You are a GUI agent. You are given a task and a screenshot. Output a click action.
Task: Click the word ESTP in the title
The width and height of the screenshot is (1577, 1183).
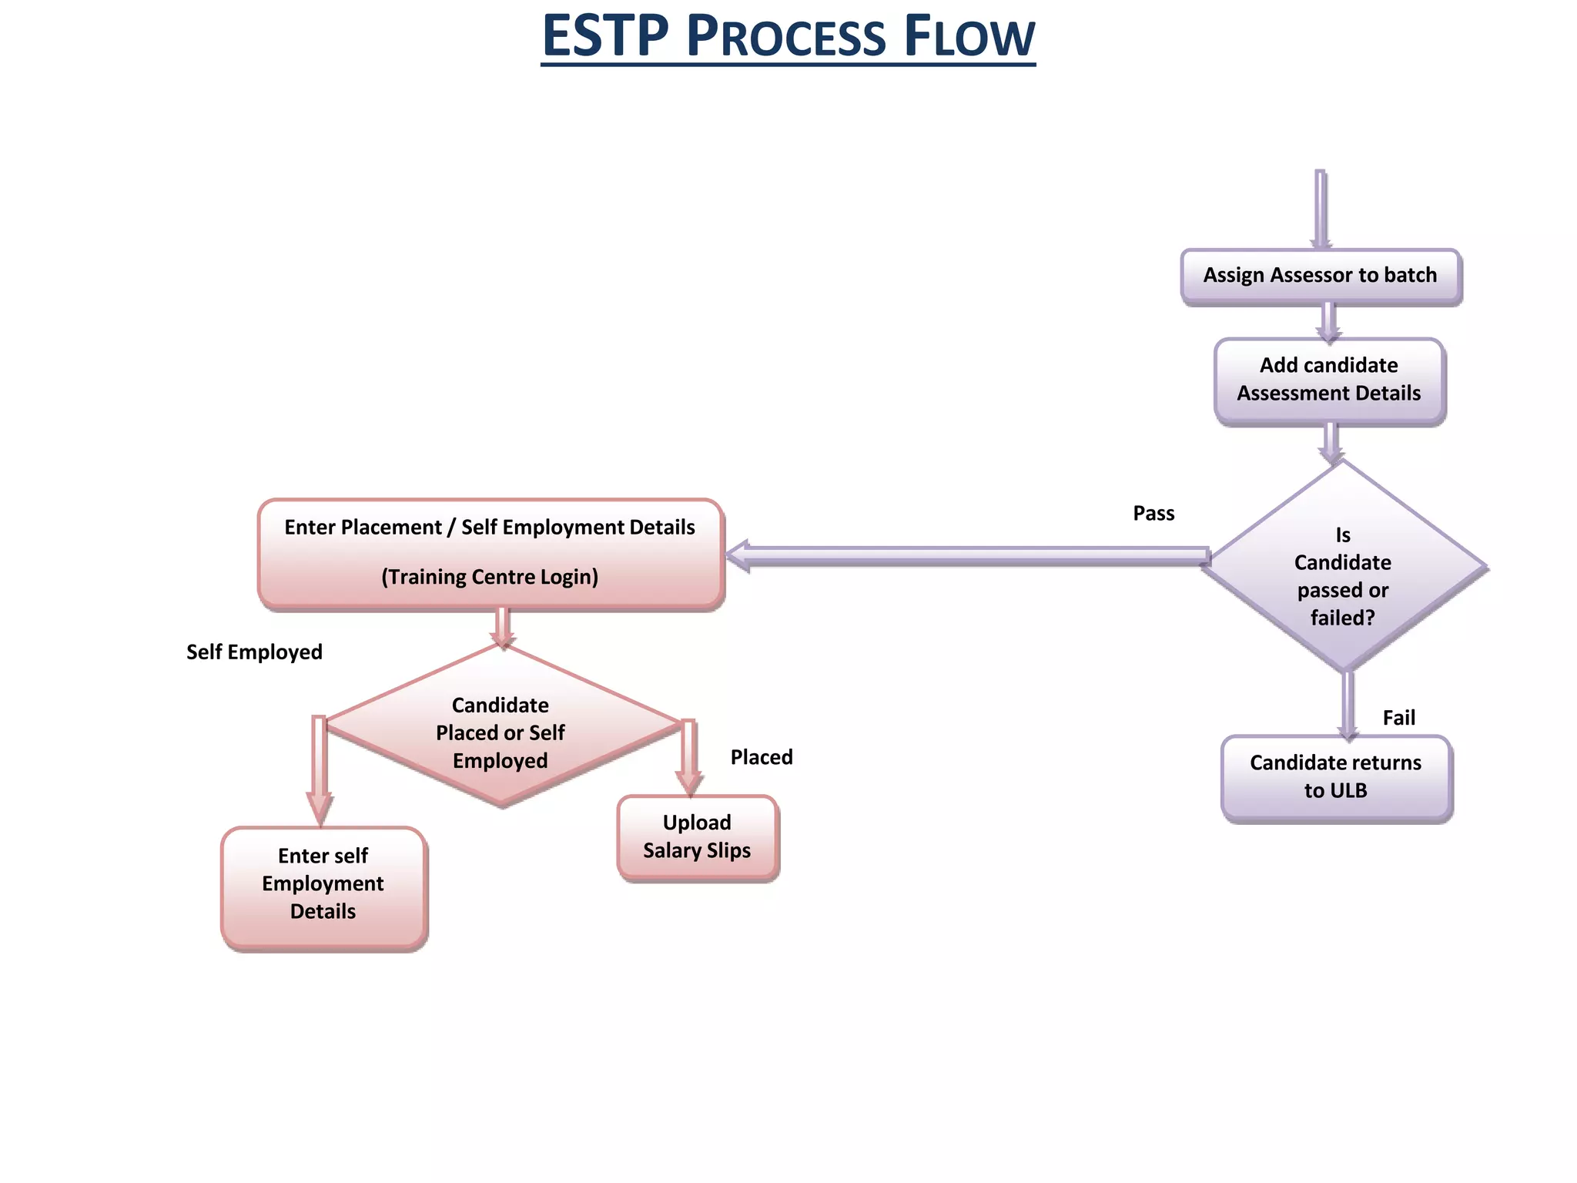pos(605,37)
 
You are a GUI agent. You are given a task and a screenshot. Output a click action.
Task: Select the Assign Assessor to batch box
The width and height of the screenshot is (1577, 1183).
pos(1320,276)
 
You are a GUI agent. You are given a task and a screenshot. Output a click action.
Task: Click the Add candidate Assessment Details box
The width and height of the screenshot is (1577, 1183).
pos(1329,380)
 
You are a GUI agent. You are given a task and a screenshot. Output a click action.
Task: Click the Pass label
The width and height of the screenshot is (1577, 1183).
pos(1153,514)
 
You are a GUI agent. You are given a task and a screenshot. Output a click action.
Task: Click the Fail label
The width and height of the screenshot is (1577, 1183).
pos(1398,718)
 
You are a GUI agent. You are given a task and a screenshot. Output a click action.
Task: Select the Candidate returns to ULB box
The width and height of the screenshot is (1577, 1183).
pos(1335,776)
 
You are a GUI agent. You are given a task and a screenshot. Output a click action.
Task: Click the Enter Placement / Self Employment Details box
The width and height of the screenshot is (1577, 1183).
pos(491,552)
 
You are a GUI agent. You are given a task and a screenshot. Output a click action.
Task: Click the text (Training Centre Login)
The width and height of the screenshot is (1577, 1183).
pos(490,577)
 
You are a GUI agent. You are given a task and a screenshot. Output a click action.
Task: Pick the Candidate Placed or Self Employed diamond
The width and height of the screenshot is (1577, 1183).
pos(501,732)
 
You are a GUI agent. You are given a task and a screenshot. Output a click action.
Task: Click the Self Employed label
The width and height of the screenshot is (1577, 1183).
pos(254,652)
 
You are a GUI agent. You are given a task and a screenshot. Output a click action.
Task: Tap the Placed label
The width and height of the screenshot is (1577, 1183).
pos(761,757)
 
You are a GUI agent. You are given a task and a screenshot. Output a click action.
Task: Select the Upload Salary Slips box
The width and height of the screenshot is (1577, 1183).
pos(697,836)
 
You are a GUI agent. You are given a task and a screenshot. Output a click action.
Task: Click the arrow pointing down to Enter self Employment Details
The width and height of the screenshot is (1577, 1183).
pos(319,770)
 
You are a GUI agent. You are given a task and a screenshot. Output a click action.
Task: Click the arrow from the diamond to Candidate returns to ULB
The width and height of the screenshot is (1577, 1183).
pos(1348,705)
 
